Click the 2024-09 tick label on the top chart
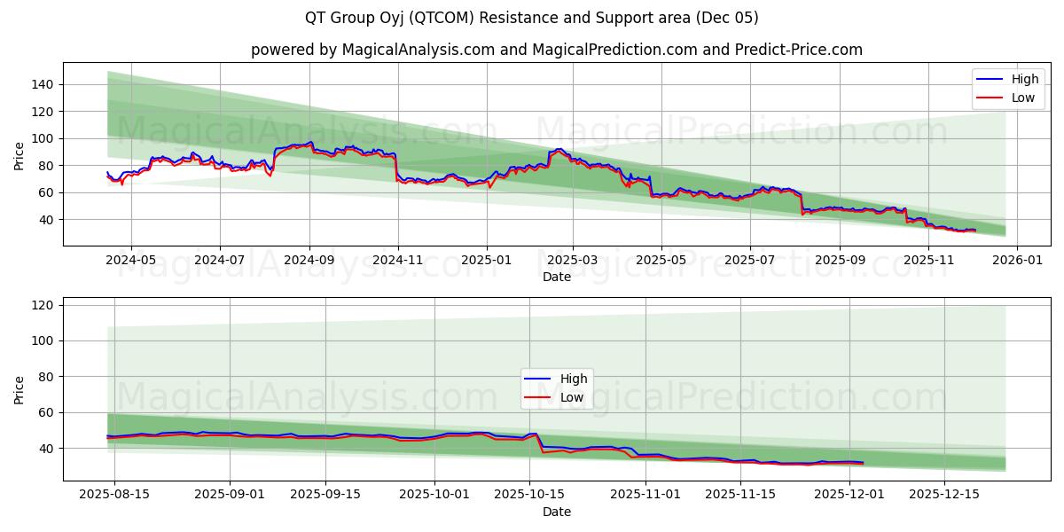point(309,261)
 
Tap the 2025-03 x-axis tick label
point(572,261)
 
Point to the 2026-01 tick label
point(1016,261)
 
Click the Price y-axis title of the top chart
point(20,154)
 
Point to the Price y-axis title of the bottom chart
point(20,389)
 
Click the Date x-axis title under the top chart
point(557,277)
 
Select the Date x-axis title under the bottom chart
point(557,512)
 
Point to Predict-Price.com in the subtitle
point(798,50)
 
